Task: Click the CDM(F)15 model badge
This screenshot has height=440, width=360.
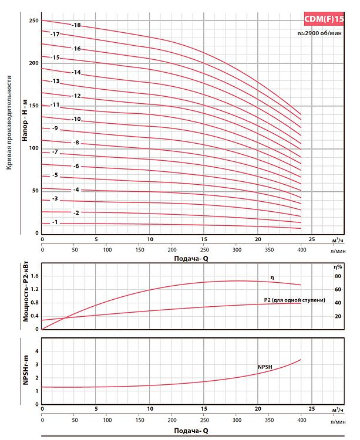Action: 325,19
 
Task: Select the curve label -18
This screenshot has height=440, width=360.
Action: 76,25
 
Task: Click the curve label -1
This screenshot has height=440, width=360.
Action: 55,222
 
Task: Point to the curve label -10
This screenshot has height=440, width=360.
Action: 76,119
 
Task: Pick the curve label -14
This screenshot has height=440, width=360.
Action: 76,72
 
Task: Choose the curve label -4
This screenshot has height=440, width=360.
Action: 76,190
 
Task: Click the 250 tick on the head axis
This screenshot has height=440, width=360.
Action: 33,21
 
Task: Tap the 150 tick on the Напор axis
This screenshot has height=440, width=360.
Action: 33,106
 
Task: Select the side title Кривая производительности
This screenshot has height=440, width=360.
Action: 9,123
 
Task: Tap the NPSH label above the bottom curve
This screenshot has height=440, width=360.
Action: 266,367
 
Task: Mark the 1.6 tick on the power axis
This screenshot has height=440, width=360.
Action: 33,276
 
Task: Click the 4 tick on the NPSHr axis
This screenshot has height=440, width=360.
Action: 36,351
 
